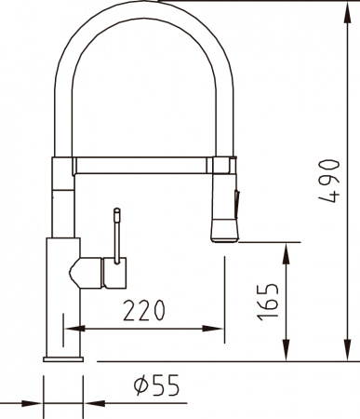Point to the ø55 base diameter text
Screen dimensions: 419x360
coord(155,384)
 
